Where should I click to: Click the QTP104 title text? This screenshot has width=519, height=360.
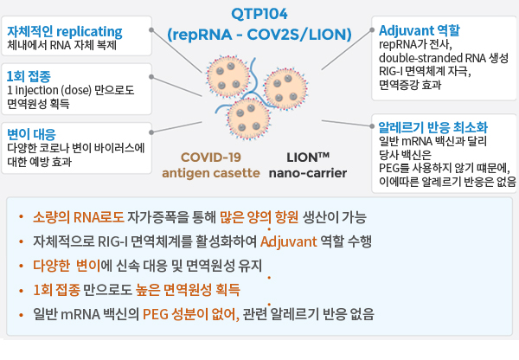(x=259, y=14)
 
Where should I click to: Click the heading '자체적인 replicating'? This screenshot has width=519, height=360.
(x=65, y=32)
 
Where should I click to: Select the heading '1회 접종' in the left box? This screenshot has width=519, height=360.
(x=29, y=76)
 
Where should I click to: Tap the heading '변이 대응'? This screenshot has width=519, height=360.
(x=31, y=134)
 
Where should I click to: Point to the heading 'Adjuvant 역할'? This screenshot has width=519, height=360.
(x=420, y=30)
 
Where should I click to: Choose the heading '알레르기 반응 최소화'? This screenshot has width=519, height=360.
(x=433, y=127)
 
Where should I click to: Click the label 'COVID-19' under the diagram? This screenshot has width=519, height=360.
(x=211, y=157)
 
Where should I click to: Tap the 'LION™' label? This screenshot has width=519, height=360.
(x=308, y=157)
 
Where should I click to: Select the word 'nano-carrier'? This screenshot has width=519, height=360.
(x=308, y=173)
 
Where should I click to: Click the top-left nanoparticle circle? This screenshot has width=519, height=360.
(x=227, y=76)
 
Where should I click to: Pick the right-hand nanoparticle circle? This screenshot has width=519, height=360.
(x=285, y=88)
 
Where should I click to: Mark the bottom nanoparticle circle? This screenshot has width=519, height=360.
(x=248, y=119)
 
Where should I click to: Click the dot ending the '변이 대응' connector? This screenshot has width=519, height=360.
(x=151, y=132)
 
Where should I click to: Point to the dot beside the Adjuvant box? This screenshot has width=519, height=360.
(x=371, y=30)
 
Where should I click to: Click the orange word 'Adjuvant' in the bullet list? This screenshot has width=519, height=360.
(x=289, y=241)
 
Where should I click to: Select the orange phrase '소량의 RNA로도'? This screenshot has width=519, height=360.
(x=79, y=217)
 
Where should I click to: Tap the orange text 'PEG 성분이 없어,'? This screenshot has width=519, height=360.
(x=191, y=314)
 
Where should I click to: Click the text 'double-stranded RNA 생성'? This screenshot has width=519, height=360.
(x=444, y=58)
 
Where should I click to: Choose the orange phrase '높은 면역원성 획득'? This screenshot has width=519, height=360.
(x=188, y=290)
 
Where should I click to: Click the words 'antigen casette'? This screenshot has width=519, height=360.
(x=211, y=173)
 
